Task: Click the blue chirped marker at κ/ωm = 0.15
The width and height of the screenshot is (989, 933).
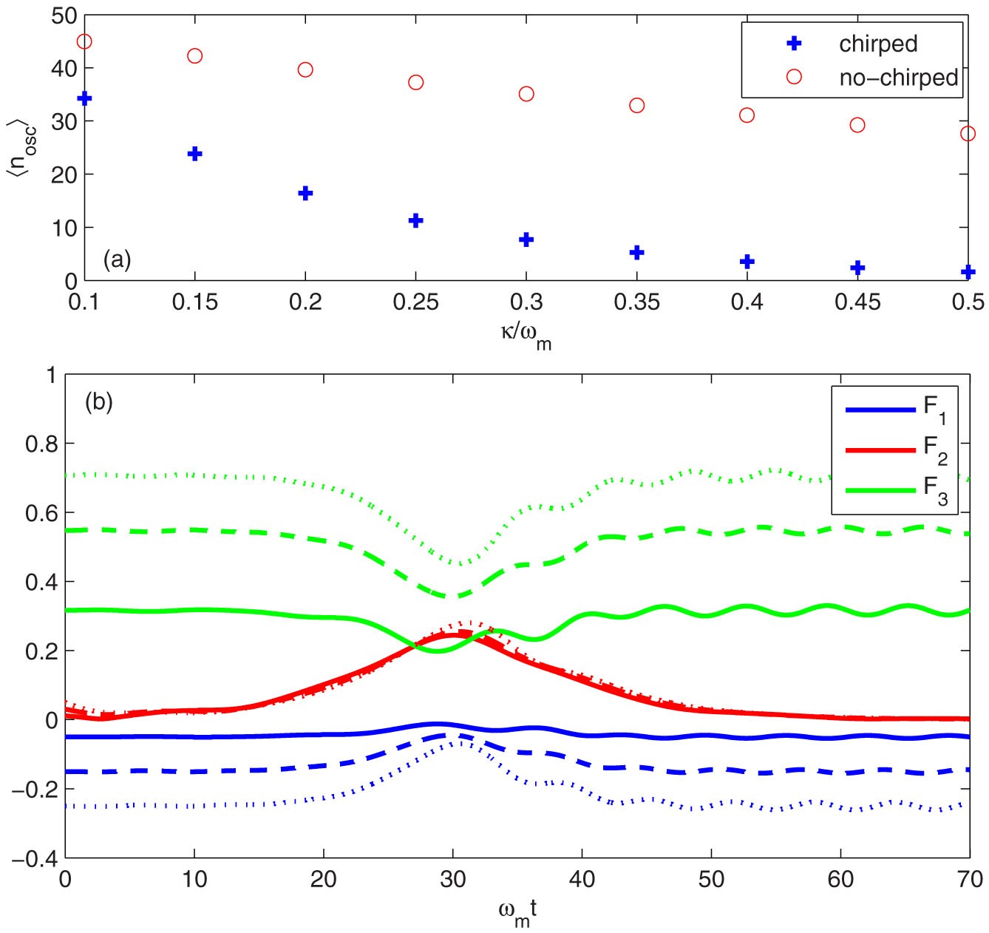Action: tap(195, 154)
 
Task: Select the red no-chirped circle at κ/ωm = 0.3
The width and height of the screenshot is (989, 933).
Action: tap(526, 94)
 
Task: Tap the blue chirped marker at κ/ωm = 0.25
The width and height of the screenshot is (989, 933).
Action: tap(415, 220)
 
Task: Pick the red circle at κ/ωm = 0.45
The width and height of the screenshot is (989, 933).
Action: tap(857, 125)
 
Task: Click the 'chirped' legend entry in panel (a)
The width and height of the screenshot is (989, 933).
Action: tap(877, 44)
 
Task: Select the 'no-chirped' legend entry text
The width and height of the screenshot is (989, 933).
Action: tap(898, 78)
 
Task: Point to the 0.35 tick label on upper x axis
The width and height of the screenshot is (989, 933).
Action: tap(636, 302)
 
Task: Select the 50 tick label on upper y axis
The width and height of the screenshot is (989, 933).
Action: tap(64, 15)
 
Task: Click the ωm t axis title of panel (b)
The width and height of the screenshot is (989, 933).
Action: tap(517, 911)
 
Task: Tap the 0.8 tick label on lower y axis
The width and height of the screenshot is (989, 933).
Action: tap(40, 444)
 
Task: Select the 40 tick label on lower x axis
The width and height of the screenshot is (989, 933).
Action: tap(582, 879)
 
